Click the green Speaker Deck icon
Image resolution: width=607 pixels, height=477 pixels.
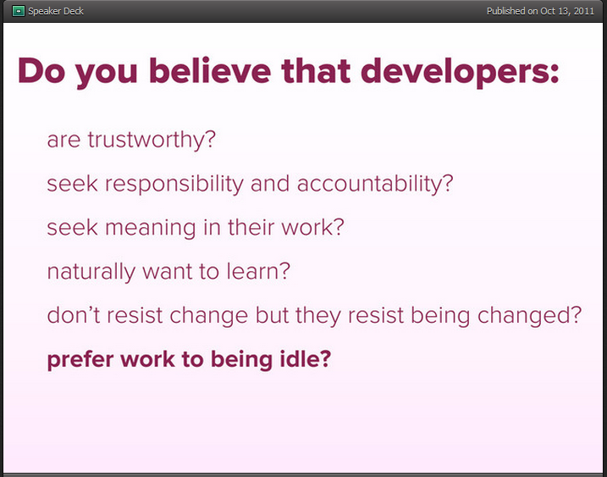(x=18, y=11)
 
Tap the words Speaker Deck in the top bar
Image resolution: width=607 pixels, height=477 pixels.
(x=56, y=11)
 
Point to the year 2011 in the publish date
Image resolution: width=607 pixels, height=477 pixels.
(x=584, y=11)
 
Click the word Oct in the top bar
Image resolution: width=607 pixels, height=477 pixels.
(x=548, y=11)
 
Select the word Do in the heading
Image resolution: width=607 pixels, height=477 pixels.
(x=41, y=70)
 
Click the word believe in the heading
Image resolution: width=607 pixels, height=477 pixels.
(x=210, y=70)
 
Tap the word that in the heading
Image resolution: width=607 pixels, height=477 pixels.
(x=316, y=70)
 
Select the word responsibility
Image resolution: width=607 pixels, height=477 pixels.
(x=174, y=184)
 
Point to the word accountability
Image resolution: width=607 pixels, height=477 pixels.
(x=370, y=184)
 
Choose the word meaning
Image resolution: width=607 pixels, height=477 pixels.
(x=151, y=228)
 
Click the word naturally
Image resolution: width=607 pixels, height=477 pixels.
(x=91, y=272)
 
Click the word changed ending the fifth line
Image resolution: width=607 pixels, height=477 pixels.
(x=524, y=317)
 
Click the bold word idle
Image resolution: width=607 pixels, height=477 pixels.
(x=299, y=359)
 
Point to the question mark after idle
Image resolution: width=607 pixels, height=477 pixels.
(x=326, y=359)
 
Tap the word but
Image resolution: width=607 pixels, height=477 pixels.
(x=272, y=315)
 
